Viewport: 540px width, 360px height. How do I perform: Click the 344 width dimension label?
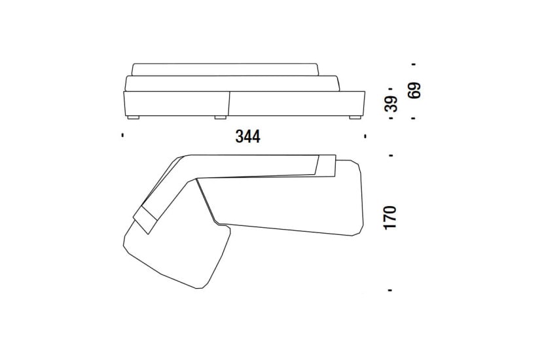tap(247, 136)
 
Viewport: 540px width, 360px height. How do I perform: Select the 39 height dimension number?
tap(391, 103)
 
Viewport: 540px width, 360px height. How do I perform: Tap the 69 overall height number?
tap(414, 90)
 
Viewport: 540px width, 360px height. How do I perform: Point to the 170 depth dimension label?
tap(391, 217)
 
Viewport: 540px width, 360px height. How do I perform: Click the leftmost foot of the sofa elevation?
tap(134, 117)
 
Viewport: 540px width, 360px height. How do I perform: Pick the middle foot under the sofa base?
tap(221, 117)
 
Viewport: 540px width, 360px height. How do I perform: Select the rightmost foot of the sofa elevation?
tap(355, 117)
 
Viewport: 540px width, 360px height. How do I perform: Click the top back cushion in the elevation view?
tap(226, 69)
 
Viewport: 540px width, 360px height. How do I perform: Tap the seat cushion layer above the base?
tap(232, 84)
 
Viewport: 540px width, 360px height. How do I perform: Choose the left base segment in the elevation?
tap(176, 103)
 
